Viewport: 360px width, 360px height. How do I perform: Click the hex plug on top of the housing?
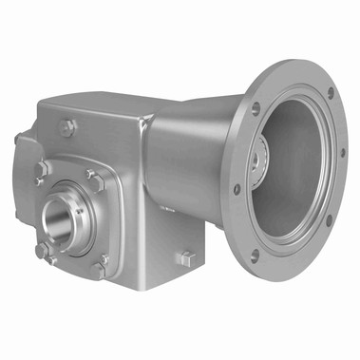(x=69, y=123)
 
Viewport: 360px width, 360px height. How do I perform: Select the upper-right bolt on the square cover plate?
(x=94, y=176)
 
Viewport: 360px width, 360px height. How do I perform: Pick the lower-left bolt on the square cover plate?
(x=42, y=251)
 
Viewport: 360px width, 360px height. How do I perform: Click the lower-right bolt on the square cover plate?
(x=99, y=269)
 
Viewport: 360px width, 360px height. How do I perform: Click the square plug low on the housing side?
(x=186, y=257)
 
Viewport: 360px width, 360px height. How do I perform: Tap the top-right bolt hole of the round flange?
(x=330, y=93)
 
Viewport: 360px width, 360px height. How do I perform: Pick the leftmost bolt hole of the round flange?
(x=237, y=188)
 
